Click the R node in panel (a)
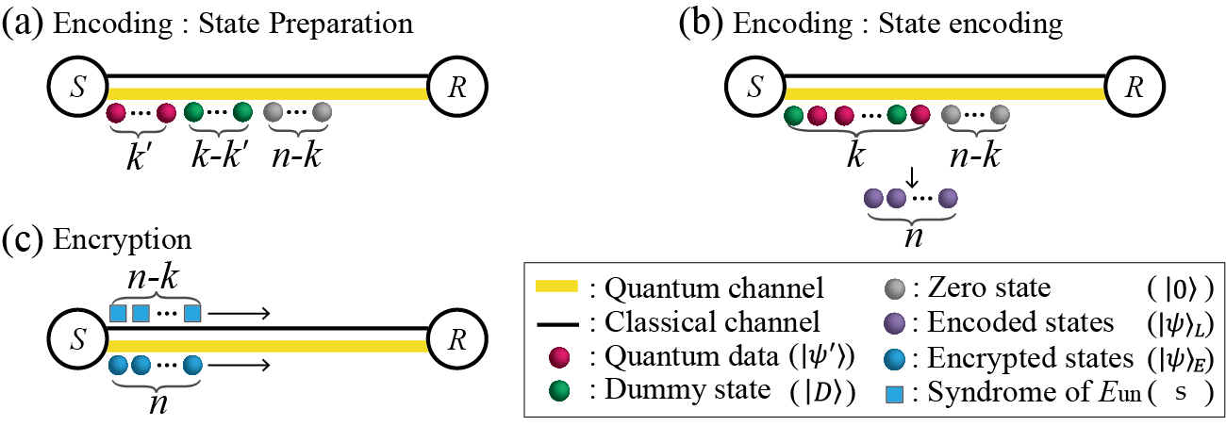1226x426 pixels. click(x=457, y=85)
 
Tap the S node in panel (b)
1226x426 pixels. click(x=754, y=85)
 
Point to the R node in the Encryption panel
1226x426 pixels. click(x=457, y=336)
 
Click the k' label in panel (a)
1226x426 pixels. click(x=141, y=155)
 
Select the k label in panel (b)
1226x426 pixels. click(x=855, y=155)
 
